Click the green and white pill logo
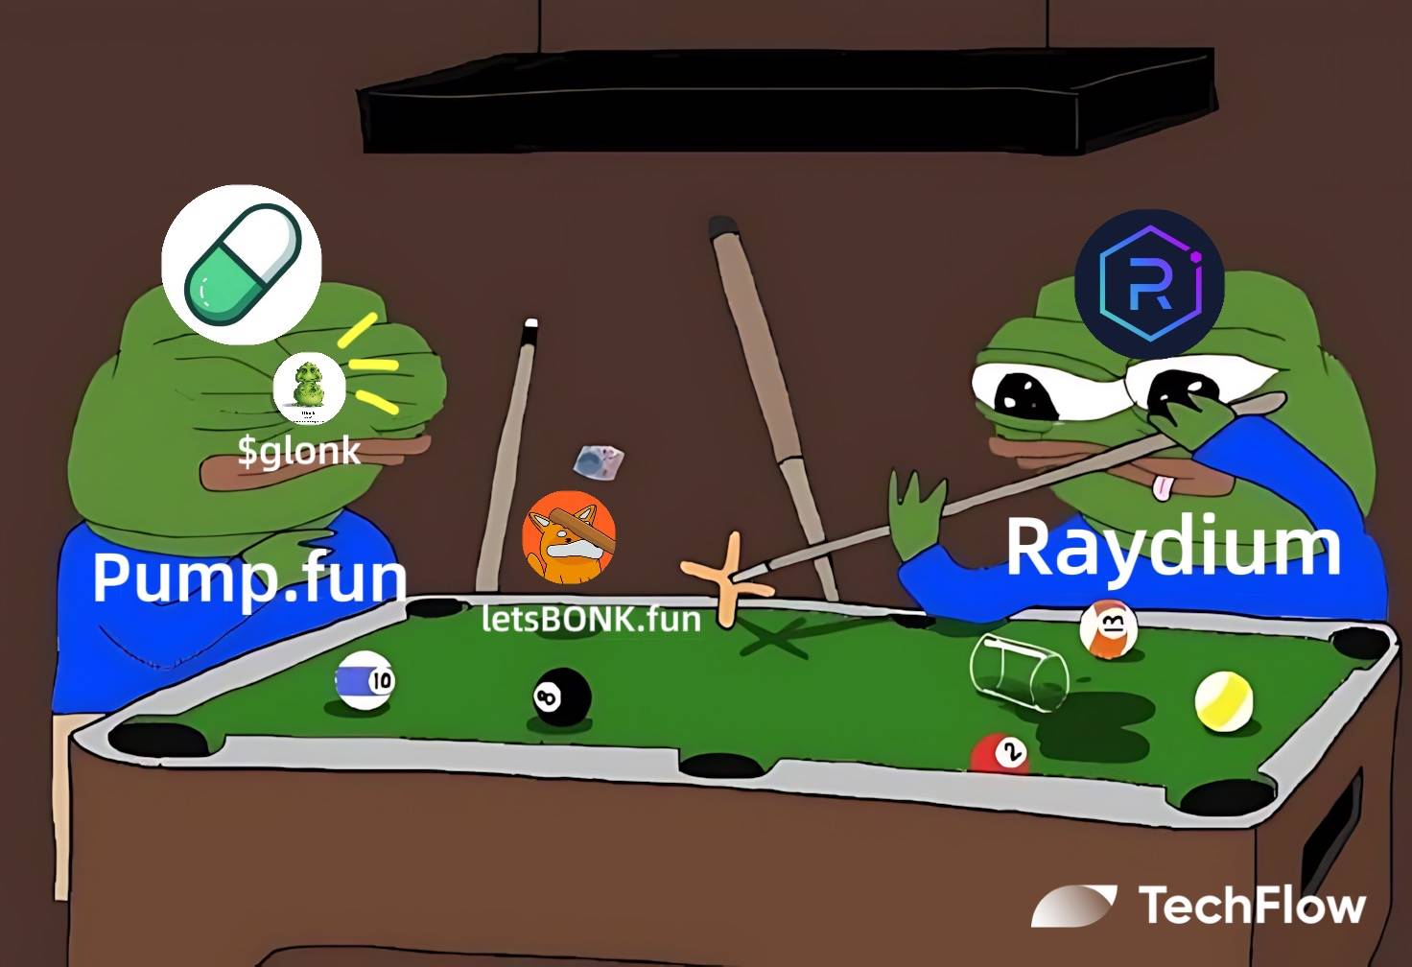[241, 264]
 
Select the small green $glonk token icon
[309, 388]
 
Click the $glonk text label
[299, 449]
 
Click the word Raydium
[1172, 548]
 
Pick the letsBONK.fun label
[591, 619]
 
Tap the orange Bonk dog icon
[569, 538]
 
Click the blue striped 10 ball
[365, 680]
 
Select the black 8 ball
[561, 696]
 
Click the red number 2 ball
[1000, 755]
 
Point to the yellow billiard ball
[1224, 700]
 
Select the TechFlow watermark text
[1251, 906]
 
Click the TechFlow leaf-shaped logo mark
[1073, 905]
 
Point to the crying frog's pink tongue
[1164, 487]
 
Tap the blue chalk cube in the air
[600, 461]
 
